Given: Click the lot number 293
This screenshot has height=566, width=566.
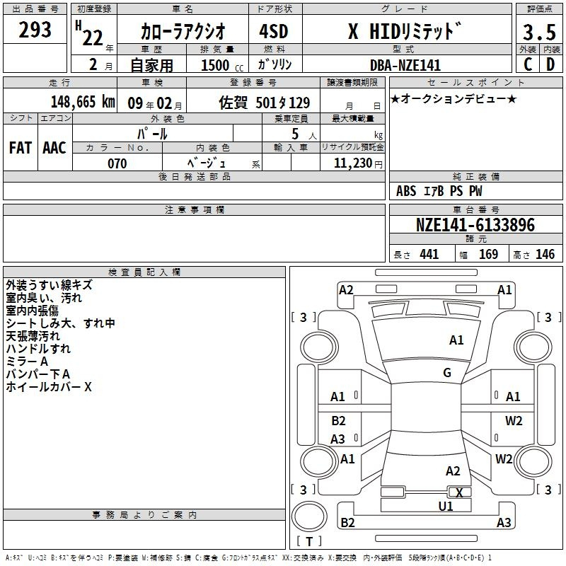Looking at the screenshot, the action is [35, 30].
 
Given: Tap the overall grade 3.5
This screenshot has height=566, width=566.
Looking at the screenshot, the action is [539, 32].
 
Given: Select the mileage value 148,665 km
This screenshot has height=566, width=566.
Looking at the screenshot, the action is [83, 102].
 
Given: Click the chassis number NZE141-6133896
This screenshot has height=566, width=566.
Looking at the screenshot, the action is [475, 225].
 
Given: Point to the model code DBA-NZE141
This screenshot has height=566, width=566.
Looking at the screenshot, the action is [405, 65].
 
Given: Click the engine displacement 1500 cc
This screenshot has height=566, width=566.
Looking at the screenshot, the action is [222, 65].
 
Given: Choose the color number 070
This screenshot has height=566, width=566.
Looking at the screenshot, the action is [117, 163].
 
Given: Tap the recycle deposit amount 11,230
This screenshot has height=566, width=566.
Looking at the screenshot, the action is [353, 163].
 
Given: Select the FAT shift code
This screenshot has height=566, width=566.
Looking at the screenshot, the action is [21, 148].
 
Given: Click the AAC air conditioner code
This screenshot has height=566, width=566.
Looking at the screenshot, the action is [54, 148].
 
